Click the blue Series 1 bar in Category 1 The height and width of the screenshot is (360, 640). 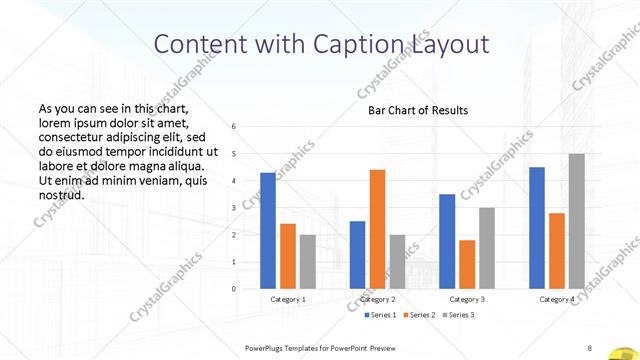coord(267,230)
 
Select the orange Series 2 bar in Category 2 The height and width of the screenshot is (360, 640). coord(377,229)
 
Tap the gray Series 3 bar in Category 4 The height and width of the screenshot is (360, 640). coord(576,221)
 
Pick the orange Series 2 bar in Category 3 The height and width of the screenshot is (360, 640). coord(467,264)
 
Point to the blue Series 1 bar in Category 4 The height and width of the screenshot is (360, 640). coord(537,227)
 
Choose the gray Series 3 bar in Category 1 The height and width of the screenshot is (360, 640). coord(307,261)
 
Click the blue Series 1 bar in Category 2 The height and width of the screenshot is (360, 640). coord(357,254)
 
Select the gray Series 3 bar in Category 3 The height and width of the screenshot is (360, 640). coord(487,248)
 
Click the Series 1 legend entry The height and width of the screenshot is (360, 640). coord(377,315)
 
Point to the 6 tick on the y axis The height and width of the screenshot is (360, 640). coord(233,127)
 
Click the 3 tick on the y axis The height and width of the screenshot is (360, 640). coord(233,208)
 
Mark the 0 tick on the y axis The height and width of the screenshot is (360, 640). coord(233,289)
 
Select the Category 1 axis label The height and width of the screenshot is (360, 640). coord(288,299)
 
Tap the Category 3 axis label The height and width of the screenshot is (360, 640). coord(467,299)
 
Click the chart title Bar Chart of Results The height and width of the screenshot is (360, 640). coord(412,110)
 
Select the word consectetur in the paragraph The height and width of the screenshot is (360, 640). coord(73,136)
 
